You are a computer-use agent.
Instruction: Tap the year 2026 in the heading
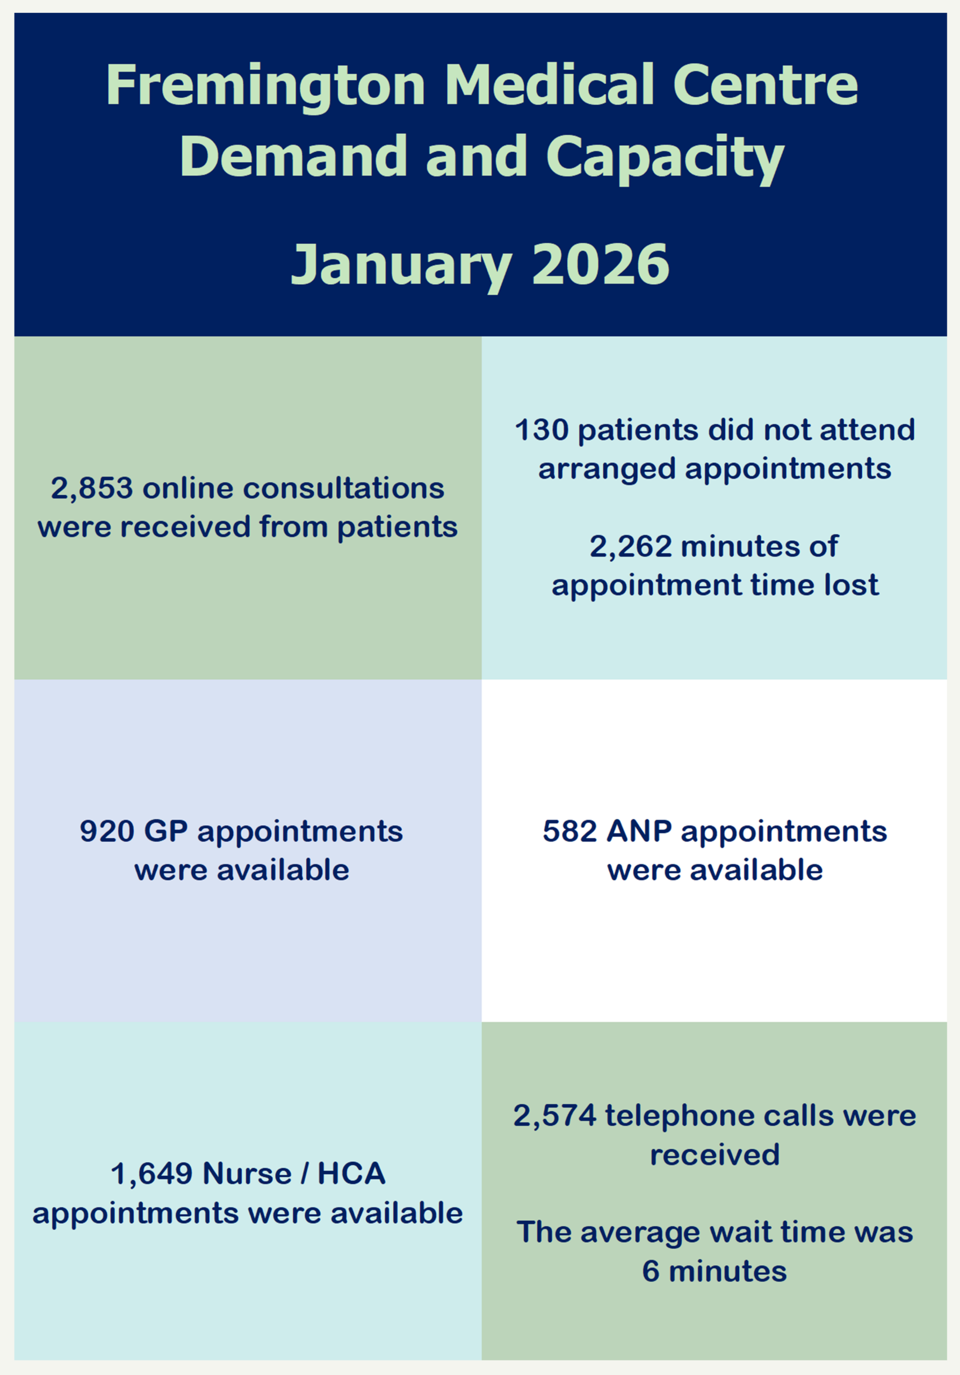pyautogui.click(x=601, y=264)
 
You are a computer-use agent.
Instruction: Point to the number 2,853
pyautogui.click(x=92, y=489)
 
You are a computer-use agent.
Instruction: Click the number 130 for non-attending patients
pyautogui.click(x=542, y=430)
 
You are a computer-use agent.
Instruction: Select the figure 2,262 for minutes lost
pyautogui.click(x=631, y=547)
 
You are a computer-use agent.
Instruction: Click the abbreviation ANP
pyautogui.click(x=639, y=831)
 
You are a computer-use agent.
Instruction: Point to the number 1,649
pyautogui.click(x=151, y=1174)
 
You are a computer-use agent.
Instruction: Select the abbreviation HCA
pyautogui.click(x=351, y=1174)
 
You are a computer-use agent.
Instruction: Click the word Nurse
pyautogui.click(x=247, y=1174)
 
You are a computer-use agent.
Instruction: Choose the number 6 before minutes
pyautogui.click(x=651, y=1271)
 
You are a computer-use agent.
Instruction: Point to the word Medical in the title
pyautogui.click(x=549, y=85)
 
